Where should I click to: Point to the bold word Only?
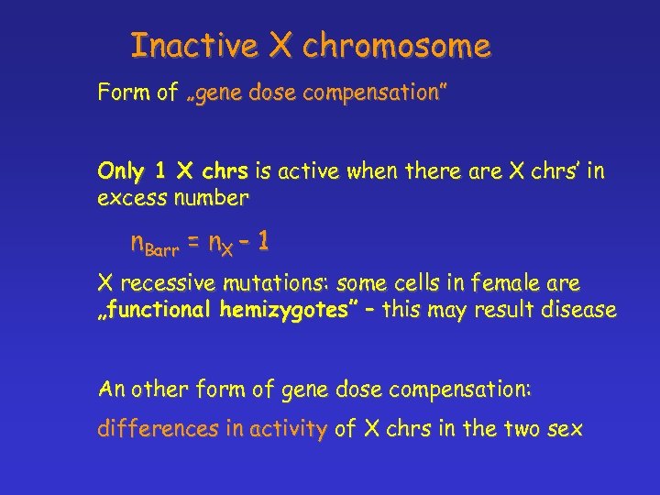click(120, 171)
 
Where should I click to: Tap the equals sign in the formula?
click(194, 243)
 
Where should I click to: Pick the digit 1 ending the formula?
click(263, 242)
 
